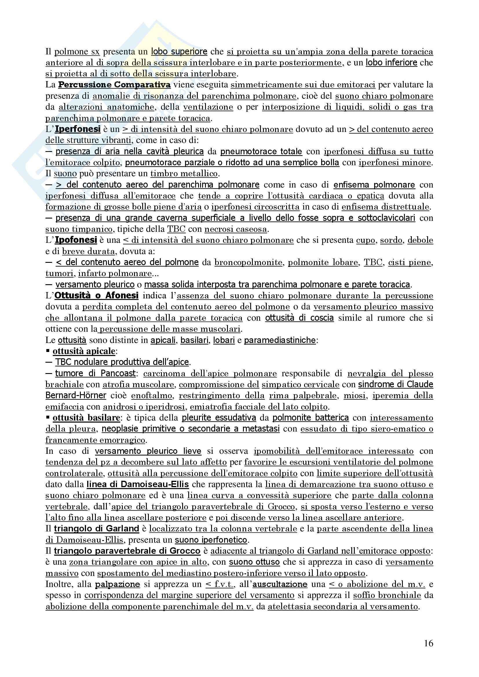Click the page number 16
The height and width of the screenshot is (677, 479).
pos(429,643)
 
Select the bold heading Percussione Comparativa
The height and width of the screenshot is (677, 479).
pos(114,85)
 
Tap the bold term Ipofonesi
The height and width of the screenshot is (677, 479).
pos(76,240)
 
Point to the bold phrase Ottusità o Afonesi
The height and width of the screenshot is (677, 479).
pos(96,296)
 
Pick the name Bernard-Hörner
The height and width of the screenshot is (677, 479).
pos(76,395)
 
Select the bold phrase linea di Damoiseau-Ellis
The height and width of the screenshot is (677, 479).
pos(138,484)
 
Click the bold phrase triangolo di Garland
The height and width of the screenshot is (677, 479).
pos(96,529)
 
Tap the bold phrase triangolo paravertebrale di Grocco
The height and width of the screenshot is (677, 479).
pos(127,551)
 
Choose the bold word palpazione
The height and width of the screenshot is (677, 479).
pos(117,584)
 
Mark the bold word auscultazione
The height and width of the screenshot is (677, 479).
pos(280,584)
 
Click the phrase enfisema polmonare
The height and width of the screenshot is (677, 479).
pos(374,185)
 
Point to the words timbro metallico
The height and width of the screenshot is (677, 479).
pos(184,174)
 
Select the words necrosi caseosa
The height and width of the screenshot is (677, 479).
pos(235,229)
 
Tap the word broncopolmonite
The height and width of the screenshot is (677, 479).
pos(248,263)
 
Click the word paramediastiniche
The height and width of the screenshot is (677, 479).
pos(280,340)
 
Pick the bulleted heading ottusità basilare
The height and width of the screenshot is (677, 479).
pos(86,418)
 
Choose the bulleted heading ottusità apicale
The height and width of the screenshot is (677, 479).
pos(84,351)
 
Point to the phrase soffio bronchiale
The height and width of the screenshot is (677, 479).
pos(387,595)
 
